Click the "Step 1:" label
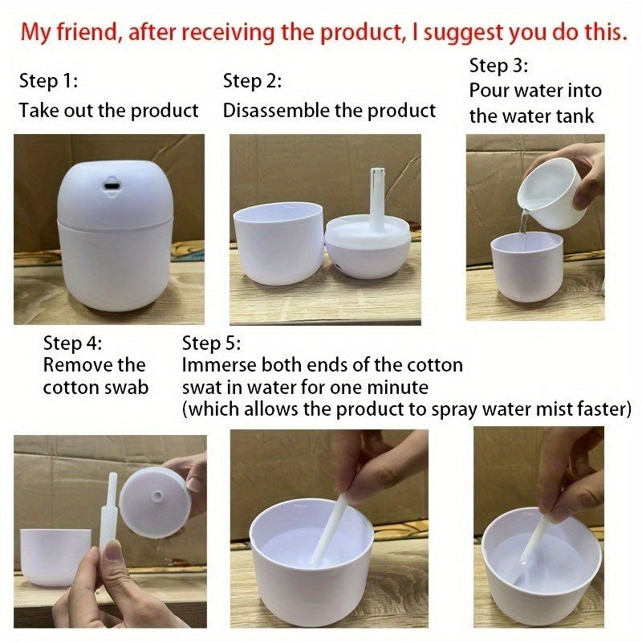48,81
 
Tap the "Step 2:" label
253,81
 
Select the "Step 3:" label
498,66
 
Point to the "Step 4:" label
73,343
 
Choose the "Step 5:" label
212,343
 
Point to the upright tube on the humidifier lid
376,197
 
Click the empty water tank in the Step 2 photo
277,243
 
